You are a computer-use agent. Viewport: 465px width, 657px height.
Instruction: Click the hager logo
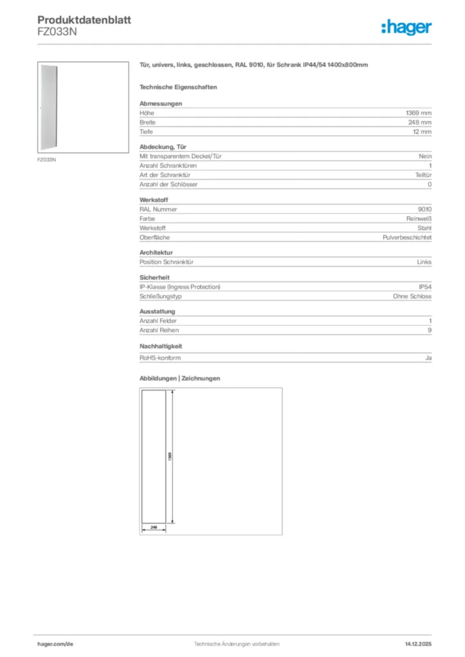[406, 27]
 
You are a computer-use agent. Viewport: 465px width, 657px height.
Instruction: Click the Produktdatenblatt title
[84, 20]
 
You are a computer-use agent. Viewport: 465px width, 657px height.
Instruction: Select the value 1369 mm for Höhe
[419, 113]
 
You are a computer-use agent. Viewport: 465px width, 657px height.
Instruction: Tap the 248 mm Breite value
[420, 122]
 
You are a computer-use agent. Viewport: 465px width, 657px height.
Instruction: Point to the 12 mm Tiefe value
[422, 132]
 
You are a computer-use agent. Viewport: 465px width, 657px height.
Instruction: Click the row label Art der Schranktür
[165, 175]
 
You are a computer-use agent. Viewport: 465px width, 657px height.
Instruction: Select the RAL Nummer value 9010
[425, 209]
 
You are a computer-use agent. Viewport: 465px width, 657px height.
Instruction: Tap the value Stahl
[425, 228]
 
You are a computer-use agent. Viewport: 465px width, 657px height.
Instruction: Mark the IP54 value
[425, 287]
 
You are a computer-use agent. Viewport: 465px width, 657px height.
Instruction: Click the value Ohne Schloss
[412, 296]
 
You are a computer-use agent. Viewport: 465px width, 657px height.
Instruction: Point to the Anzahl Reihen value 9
[430, 330]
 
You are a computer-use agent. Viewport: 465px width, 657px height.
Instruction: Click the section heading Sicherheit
[154, 277]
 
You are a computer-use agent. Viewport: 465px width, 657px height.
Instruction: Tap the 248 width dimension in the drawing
[154, 526]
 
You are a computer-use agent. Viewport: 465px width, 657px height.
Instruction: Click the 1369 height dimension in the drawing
[170, 456]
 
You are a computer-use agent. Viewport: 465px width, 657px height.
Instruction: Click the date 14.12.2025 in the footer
[418, 644]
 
